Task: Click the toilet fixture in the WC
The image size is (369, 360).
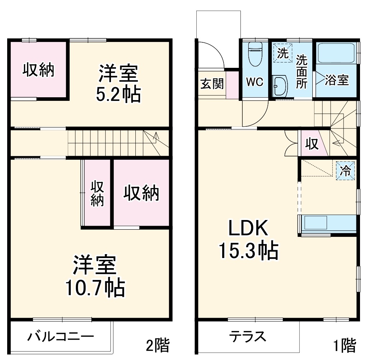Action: click(x=255, y=53)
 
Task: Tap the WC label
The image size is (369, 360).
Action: click(x=254, y=82)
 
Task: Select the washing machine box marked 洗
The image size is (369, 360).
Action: click(x=282, y=53)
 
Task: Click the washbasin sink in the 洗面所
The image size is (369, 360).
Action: click(x=280, y=86)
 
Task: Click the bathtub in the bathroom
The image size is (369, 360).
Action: click(x=337, y=53)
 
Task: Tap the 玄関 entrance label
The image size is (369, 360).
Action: click(x=212, y=84)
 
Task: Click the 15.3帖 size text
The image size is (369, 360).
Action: click(x=249, y=251)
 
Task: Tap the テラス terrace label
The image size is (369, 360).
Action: click(x=248, y=337)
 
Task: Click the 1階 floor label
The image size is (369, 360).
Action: click(x=345, y=346)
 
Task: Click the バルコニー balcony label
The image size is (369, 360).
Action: click(x=61, y=337)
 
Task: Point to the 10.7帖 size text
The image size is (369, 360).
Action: click(x=95, y=287)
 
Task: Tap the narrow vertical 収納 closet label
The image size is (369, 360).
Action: click(x=97, y=194)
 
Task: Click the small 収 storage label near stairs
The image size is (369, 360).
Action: click(x=312, y=144)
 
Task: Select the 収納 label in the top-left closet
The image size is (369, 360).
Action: click(x=38, y=70)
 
